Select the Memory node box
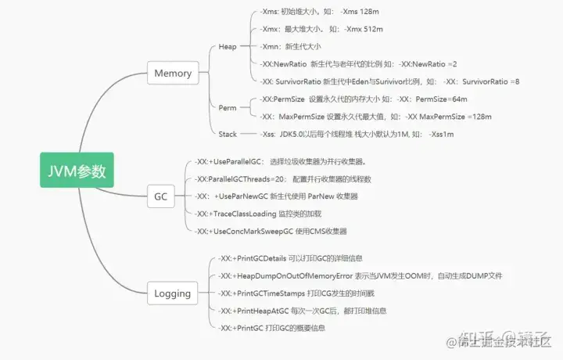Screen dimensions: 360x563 click(173, 74)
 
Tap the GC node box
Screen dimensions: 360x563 click(160, 196)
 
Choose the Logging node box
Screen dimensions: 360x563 click(173, 293)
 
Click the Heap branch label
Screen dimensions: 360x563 click(228, 46)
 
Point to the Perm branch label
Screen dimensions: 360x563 click(228, 107)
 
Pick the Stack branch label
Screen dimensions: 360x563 click(228, 134)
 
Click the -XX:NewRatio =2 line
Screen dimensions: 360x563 click(360, 63)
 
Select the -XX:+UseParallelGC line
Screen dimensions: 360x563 click(281, 162)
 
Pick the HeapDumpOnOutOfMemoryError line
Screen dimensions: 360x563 click(361, 276)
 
